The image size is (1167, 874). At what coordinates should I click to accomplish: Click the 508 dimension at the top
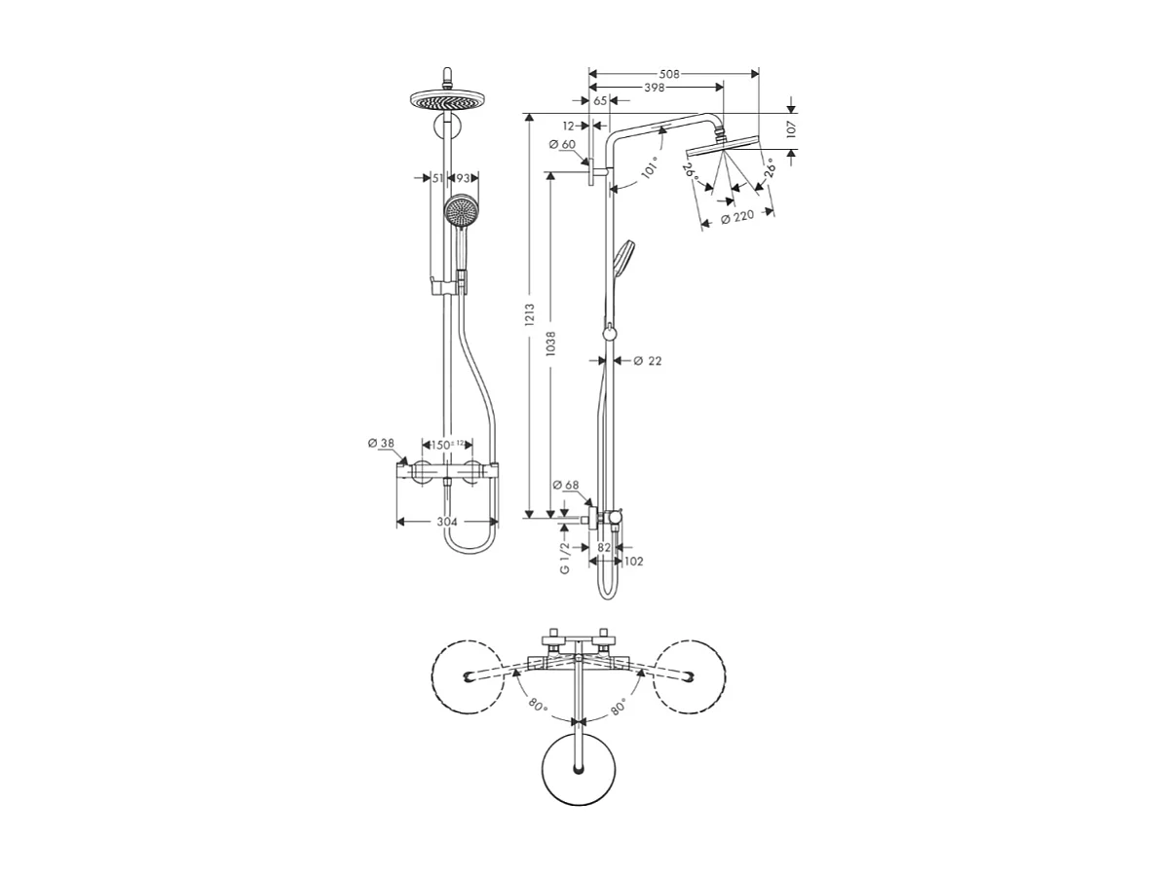point(667,74)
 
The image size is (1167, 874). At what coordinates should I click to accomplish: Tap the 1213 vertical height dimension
point(528,314)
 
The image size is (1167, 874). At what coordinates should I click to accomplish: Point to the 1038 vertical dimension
point(550,343)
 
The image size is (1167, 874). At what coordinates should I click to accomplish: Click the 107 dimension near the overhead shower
point(791,127)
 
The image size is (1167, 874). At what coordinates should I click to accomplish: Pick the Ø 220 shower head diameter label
point(737,219)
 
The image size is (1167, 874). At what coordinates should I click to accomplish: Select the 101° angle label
point(650,170)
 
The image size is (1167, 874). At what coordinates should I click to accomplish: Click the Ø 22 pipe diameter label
point(647,361)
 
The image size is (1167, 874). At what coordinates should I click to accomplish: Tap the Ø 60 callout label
point(562,145)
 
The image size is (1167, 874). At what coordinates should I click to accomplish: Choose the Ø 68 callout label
point(566,486)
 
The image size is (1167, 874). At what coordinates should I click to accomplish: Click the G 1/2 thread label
point(564,558)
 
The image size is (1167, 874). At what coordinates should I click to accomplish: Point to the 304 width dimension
point(447,523)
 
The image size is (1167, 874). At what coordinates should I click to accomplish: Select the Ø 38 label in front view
point(381,444)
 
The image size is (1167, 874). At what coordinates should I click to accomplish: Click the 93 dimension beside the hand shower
point(463,178)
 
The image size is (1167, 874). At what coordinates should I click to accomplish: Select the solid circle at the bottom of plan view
point(580,768)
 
